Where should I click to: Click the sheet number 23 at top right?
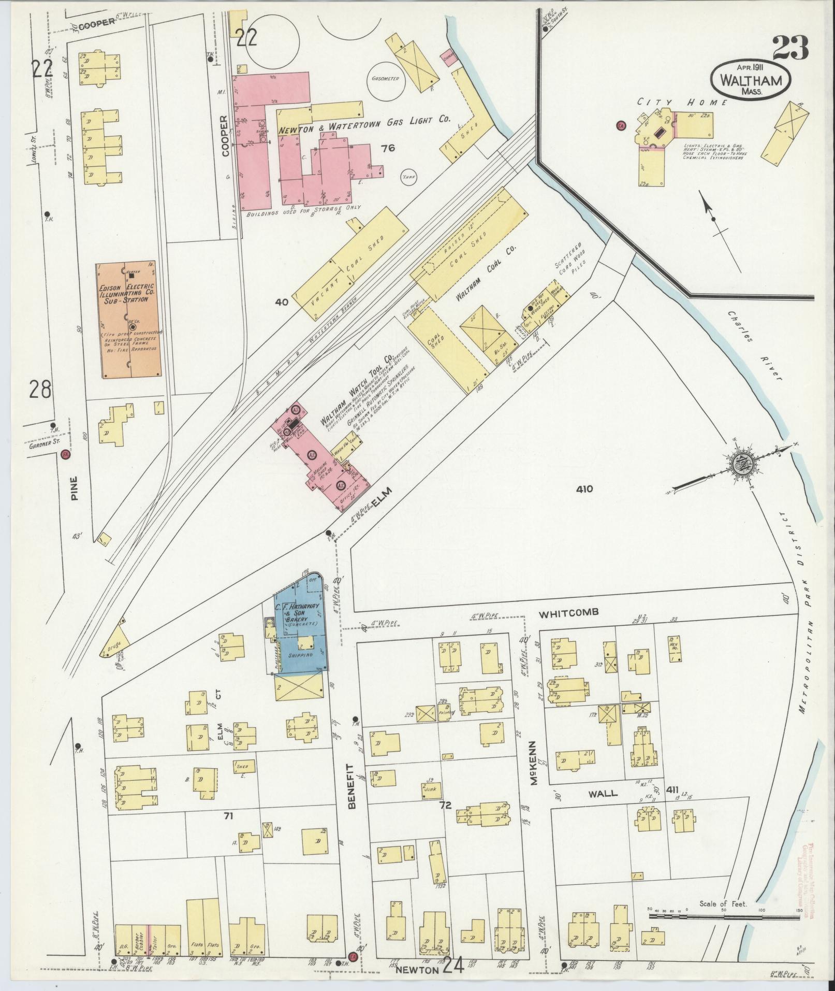click(790, 49)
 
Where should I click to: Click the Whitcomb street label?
click(568, 612)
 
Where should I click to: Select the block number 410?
click(583, 489)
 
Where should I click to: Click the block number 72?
click(445, 820)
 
